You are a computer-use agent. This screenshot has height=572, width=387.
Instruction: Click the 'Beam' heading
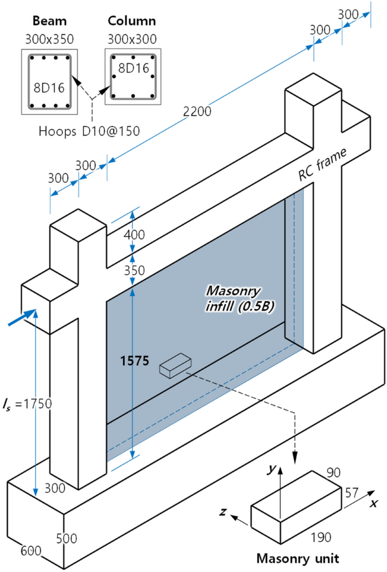coord(49,21)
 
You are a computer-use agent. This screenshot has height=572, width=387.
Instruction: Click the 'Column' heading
coord(132,21)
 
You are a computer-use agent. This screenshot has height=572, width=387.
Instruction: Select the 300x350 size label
coord(49,39)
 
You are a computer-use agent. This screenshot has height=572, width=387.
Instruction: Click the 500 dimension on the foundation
coord(66,539)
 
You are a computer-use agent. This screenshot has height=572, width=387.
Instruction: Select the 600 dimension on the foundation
coord(31,549)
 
